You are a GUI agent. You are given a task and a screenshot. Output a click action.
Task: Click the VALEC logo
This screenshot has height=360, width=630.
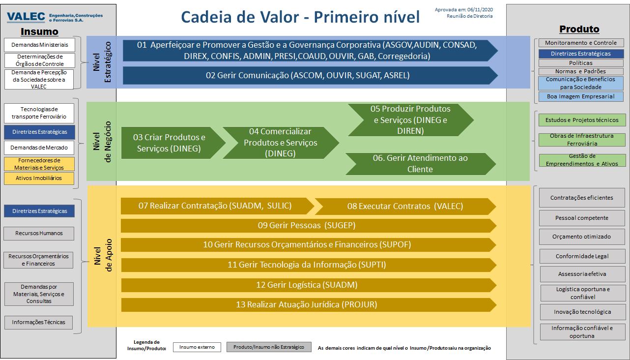tap(55, 17)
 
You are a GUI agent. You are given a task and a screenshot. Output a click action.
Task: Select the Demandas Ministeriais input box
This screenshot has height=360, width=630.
tap(40, 45)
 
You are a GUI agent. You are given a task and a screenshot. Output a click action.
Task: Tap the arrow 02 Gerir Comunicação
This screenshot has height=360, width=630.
tap(310, 75)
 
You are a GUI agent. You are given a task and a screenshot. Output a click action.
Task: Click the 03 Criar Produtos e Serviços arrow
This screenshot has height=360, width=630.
tap(173, 143)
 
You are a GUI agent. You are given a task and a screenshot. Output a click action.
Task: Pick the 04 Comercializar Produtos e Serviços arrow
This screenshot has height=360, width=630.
tap(281, 143)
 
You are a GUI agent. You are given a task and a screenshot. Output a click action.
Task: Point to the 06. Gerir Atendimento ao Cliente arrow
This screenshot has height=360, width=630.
tap(421, 164)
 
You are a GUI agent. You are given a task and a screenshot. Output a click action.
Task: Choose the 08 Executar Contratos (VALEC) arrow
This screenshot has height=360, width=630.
tap(405, 207)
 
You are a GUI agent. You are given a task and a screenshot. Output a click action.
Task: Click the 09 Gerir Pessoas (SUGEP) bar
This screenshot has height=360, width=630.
tap(309, 225)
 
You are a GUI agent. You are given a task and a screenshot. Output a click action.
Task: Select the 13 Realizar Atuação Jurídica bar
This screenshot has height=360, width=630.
tap(309, 305)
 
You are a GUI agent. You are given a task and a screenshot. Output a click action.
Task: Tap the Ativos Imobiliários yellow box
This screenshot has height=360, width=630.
tap(39, 178)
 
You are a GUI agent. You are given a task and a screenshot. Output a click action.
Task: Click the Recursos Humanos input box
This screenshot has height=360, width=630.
tap(39, 233)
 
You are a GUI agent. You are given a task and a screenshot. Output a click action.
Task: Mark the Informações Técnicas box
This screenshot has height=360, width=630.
tap(38, 322)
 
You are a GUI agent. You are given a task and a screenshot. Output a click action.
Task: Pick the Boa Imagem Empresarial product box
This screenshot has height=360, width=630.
tap(581, 96)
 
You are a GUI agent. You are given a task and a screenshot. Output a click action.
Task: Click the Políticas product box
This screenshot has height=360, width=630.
tap(581, 63)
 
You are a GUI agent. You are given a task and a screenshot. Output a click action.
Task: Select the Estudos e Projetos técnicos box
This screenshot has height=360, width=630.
tap(582, 120)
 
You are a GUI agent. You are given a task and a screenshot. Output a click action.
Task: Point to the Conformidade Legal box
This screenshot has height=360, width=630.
tap(582, 256)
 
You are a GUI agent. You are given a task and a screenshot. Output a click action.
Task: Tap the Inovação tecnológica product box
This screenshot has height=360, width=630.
tap(582, 312)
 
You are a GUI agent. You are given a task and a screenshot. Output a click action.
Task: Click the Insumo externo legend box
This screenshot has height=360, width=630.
tap(197, 347)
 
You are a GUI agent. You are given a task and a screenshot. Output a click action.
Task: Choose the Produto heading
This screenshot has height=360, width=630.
tap(579, 29)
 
